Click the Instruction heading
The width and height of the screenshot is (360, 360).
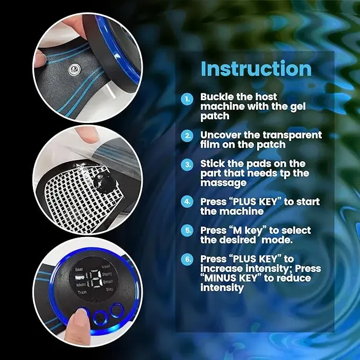pyautogui.click(x=256, y=69)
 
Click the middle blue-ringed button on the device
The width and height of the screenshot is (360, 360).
pyautogui.click(x=99, y=316)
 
